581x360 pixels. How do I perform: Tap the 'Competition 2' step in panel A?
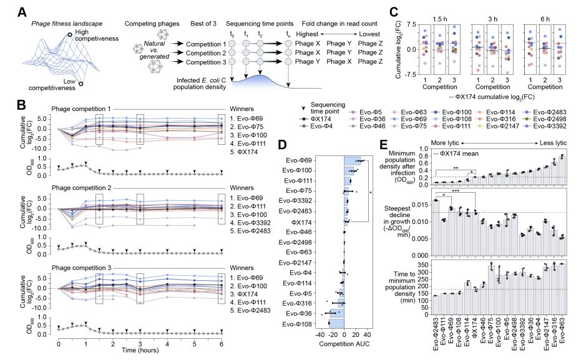(212, 54)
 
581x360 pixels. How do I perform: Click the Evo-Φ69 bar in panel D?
(353, 161)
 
